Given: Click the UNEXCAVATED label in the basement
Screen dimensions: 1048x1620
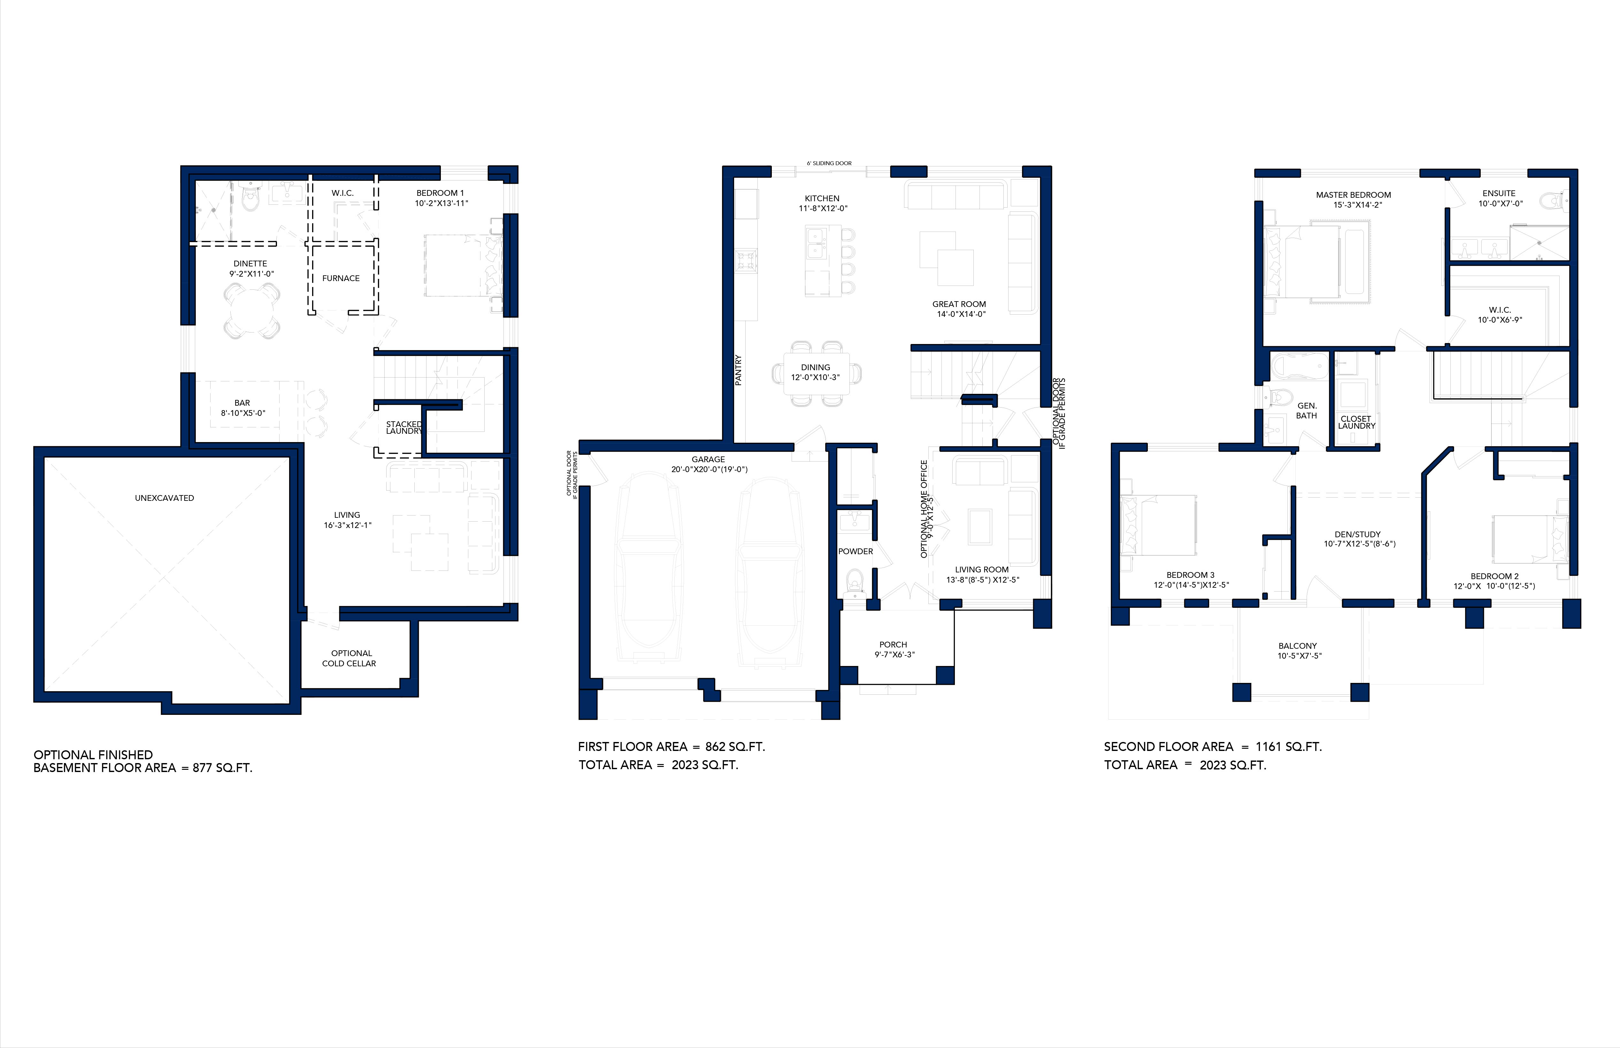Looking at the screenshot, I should coord(164,498).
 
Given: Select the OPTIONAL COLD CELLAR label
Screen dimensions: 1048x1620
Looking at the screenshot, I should coord(350,658).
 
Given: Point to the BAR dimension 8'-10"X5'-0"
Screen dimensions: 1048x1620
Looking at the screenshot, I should coord(243,413).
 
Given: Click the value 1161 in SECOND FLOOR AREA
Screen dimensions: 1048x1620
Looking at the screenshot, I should coord(1270,746).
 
